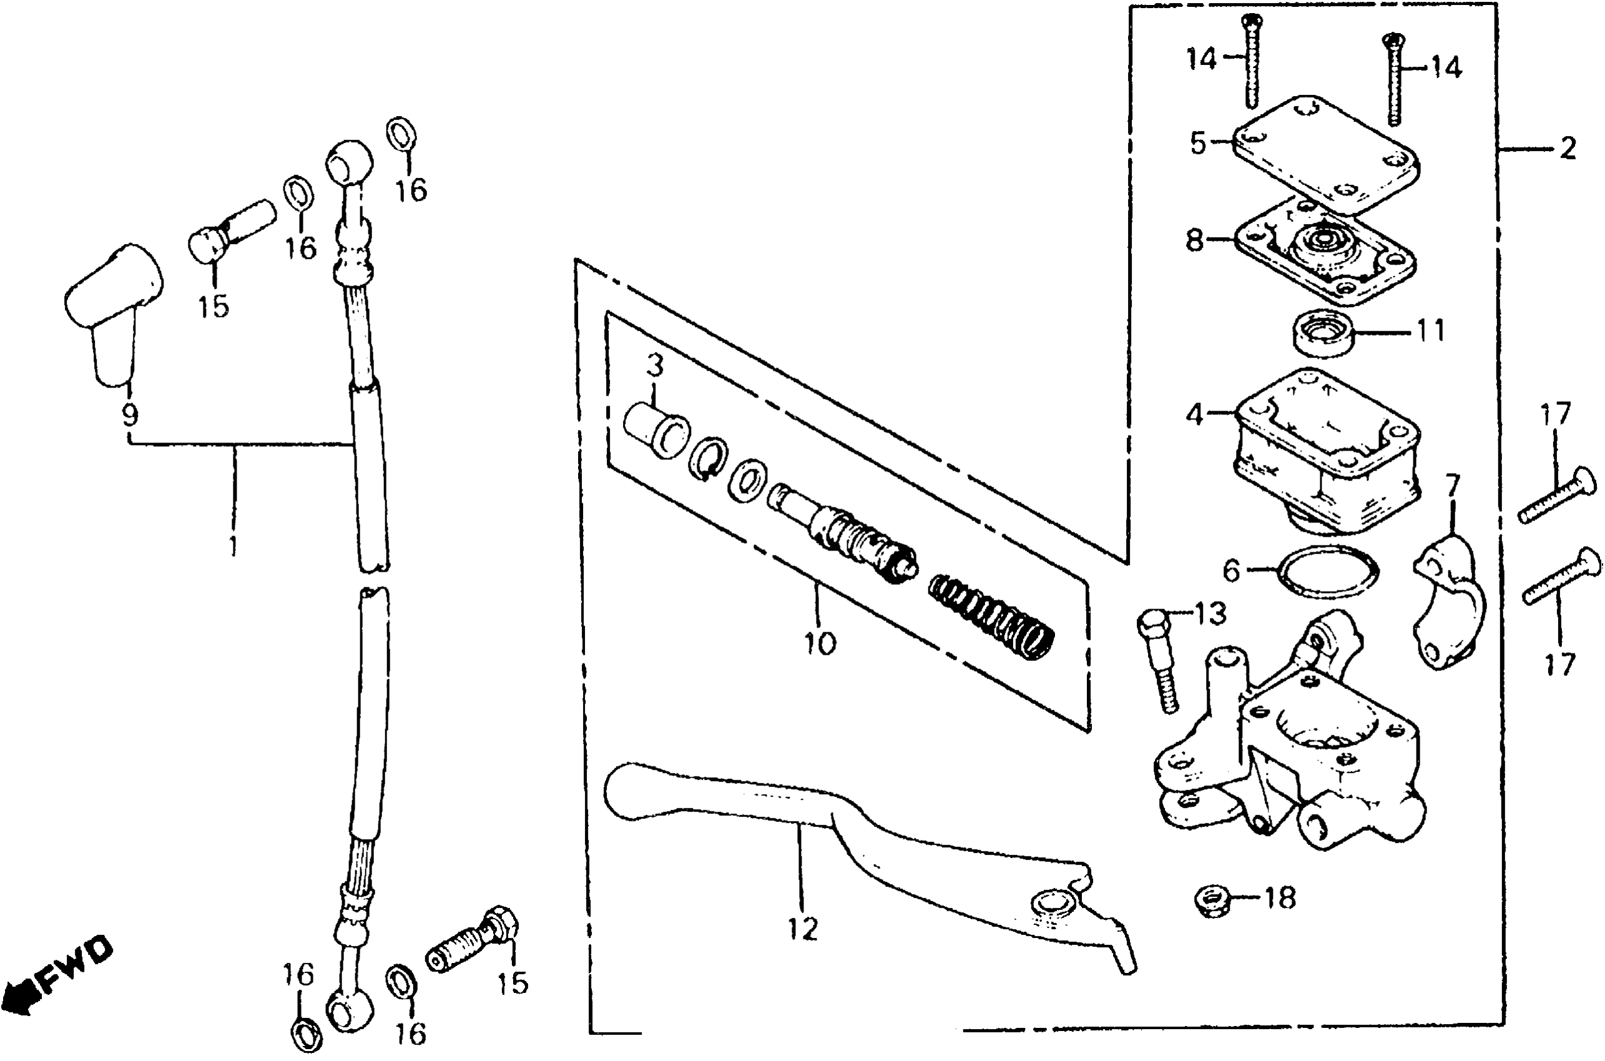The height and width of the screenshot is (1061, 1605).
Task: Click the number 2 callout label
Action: coord(1567,147)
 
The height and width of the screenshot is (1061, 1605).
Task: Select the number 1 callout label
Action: coord(233,545)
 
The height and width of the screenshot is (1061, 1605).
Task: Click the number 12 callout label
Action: coord(803,929)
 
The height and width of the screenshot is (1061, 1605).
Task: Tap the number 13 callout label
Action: coord(1210,614)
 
